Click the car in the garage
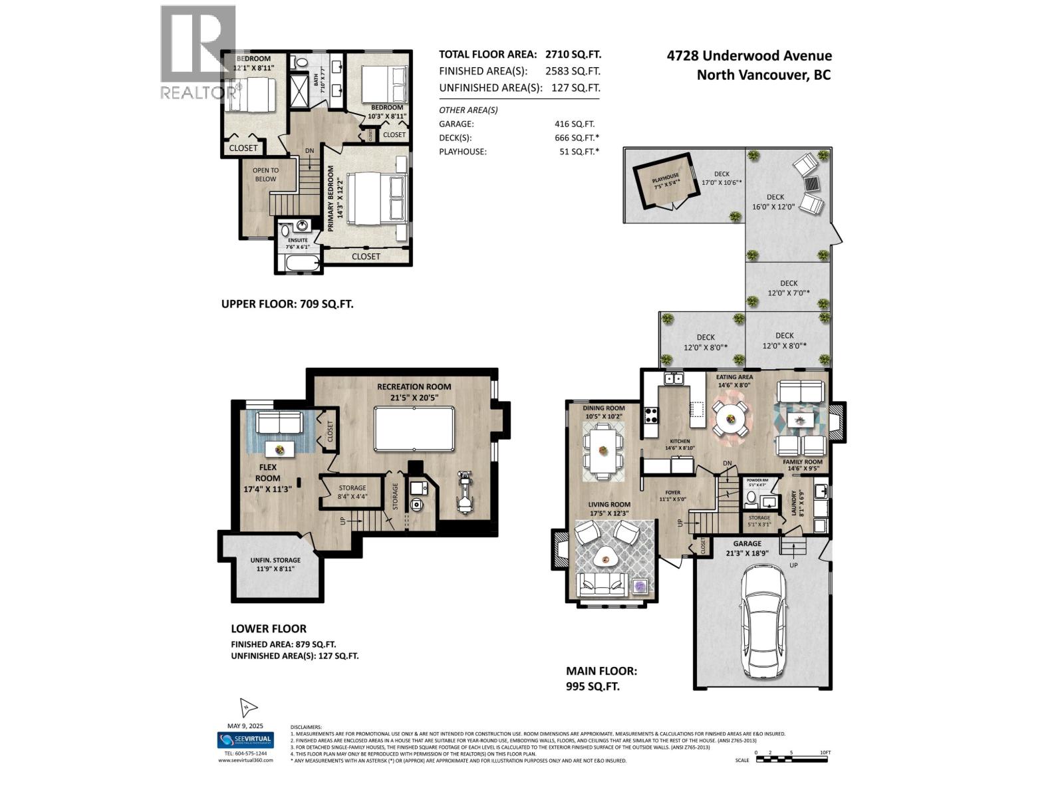coord(762,615)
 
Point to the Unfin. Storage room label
coord(275,564)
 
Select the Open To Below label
coord(265,174)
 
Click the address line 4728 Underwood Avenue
coord(749,57)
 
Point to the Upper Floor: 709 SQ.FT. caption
coord(287,304)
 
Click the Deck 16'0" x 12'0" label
coord(775,201)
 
